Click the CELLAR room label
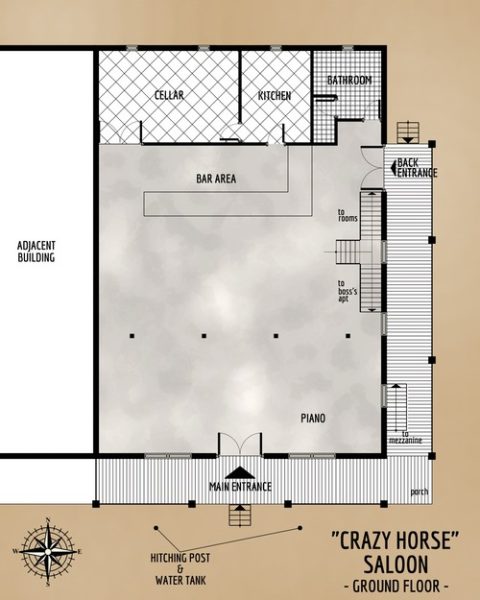click(x=168, y=95)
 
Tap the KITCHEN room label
click(x=274, y=95)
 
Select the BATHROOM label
click(x=350, y=80)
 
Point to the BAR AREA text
click(x=215, y=179)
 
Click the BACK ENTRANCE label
click(x=416, y=168)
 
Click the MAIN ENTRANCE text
click(x=240, y=487)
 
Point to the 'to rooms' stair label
click(x=348, y=216)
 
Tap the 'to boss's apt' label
click(x=350, y=290)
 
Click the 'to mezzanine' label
click(x=412, y=438)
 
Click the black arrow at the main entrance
click(x=239, y=472)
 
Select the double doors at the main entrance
click(x=239, y=445)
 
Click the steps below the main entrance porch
click(x=239, y=515)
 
